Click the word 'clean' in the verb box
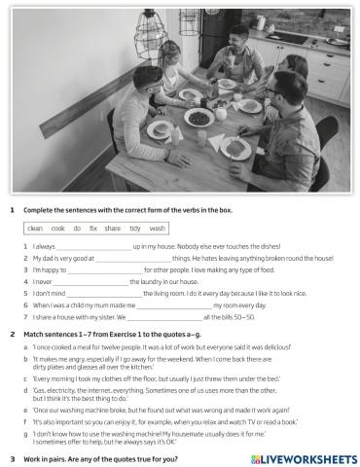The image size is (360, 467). point(35,228)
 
